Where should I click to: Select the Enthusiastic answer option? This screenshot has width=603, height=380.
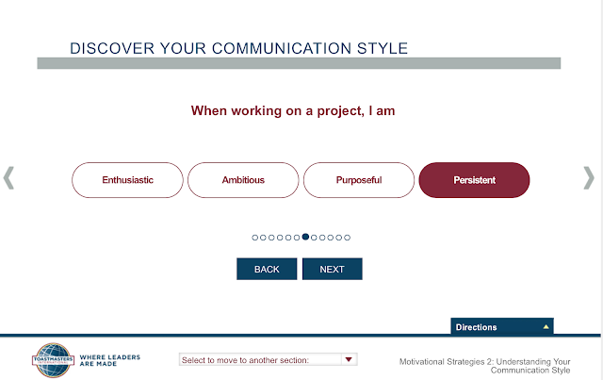pyautogui.click(x=127, y=180)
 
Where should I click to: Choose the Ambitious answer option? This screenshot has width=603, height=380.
pyautogui.click(x=243, y=180)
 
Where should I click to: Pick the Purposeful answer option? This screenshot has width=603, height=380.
pyautogui.click(x=359, y=180)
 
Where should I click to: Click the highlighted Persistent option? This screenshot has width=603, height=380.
pyautogui.click(x=474, y=180)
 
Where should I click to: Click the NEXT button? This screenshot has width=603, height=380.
pyautogui.click(x=333, y=269)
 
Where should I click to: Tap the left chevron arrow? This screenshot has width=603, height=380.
pyautogui.click(x=8, y=178)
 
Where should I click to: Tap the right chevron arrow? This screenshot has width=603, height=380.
pyautogui.click(x=589, y=178)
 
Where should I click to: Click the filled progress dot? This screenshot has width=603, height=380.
pyautogui.click(x=305, y=237)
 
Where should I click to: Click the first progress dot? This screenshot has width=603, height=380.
pyautogui.click(x=254, y=238)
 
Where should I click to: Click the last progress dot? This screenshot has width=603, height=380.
pyautogui.click(x=348, y=238)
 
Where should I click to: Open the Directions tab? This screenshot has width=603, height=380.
pyautogui.click(x=502, y=326)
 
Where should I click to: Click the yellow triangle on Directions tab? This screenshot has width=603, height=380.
pyautogui.click(x=546, y=327)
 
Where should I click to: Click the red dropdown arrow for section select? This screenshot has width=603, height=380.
pyautogui.click(x=349, y=359)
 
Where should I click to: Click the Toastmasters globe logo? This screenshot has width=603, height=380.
pyautogui.click(x=53, y=360)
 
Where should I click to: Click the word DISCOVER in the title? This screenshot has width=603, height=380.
pyautogui.click(x=112, y=48)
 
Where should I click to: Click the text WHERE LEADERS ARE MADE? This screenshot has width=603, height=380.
pyautogui.click(x=110, y=360)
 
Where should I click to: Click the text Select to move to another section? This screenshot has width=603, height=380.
pyautogui.click(x=245, y=360)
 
